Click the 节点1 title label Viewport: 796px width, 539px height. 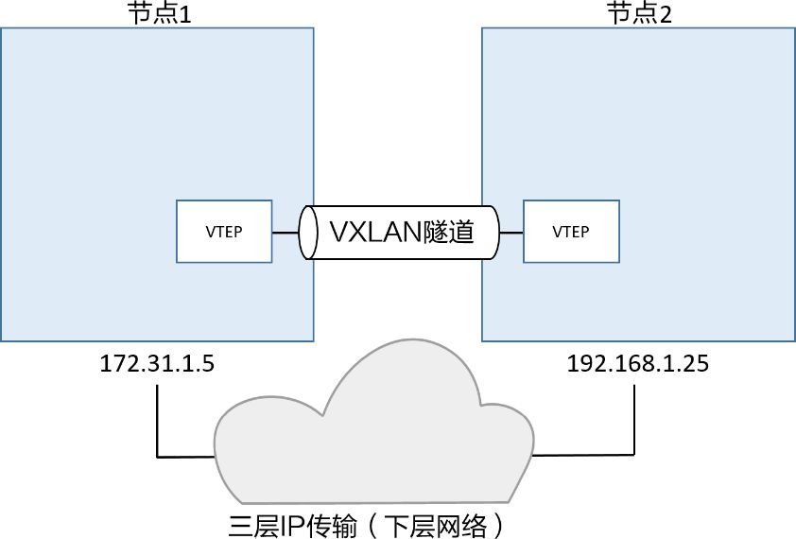(x=159, y=13)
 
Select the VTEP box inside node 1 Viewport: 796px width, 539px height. (x=224, y=232)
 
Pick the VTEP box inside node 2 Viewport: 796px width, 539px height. (x=571, y=232)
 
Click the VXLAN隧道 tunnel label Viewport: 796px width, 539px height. (x=400, y=232)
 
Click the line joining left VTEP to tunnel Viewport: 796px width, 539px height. (x=286, y=232)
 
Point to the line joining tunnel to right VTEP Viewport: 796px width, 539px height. (x=510, y=232)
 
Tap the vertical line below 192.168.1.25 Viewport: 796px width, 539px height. (x=631, y=416)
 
